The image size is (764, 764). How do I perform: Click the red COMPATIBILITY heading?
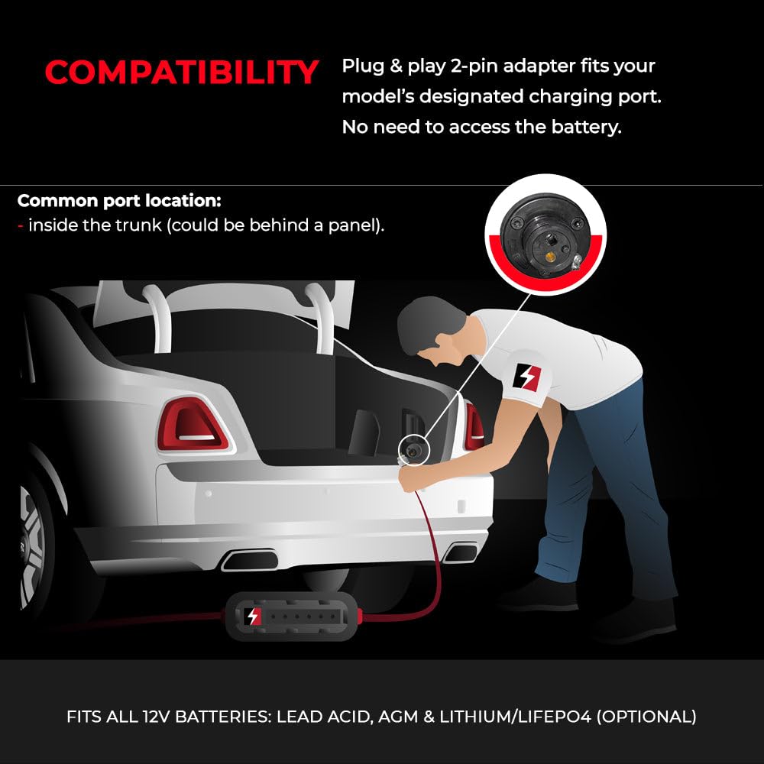coord(181,73)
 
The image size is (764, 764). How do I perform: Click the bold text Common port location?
coord(119,201)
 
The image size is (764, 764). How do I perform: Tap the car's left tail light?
coord(193,425)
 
